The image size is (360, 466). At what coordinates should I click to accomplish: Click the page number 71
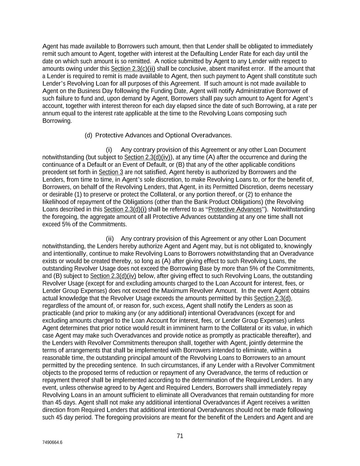(x=180, y=436)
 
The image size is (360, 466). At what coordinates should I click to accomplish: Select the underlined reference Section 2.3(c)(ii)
(x=133, y=69)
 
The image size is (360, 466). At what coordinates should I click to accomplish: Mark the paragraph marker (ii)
(x=110, y=239)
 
